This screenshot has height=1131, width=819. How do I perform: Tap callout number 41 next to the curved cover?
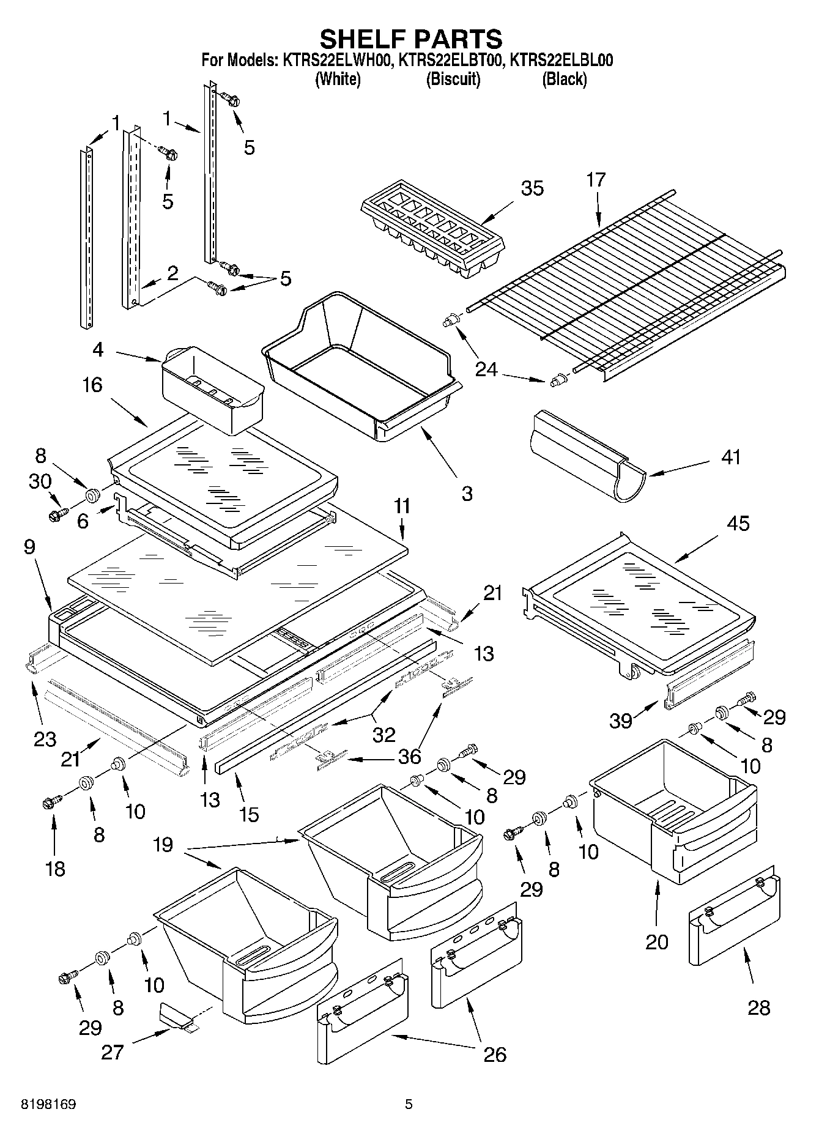click(731, 457)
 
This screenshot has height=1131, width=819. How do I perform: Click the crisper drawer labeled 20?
click(673, 807)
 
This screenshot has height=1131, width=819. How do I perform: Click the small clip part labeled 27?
click(177, 1016)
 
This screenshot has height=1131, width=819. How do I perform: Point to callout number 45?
click(738, 524)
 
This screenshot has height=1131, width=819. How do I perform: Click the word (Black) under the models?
click(564, 79)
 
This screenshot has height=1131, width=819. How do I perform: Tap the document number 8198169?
click(48, 1104)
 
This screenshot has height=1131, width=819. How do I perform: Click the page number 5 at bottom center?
click(409, 1104)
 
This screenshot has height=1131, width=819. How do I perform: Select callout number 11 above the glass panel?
click(402, 507)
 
